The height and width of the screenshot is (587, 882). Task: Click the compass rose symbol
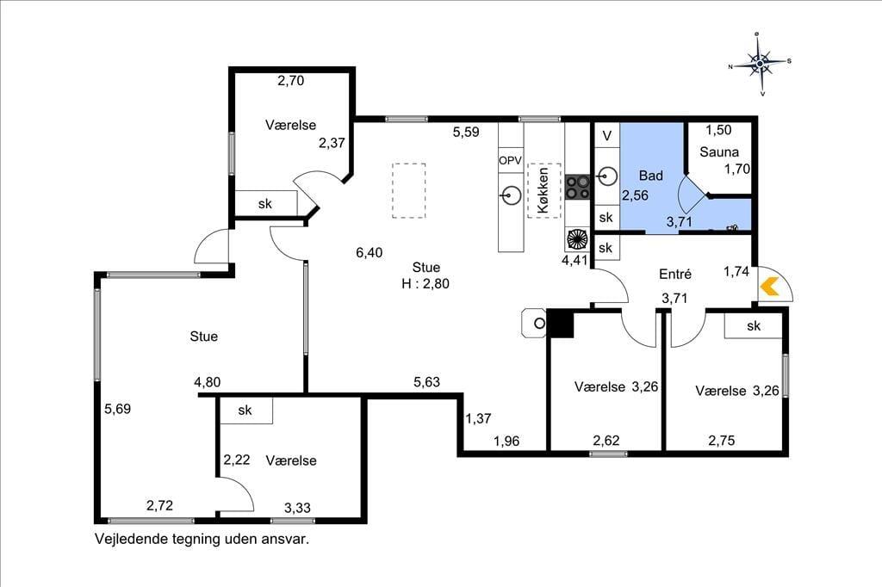click(x=760, y=64)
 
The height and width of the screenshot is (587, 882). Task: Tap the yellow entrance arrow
click(x=769, y=287)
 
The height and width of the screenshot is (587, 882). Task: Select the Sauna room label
click(x=719, y=151)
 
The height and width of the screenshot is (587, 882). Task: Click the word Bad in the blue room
click(x=651, y=176)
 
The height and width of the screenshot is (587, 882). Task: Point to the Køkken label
click(x=543, y=190)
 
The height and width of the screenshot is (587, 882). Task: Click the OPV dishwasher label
click(x=510, y=160)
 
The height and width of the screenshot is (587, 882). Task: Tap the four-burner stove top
click(x=577, y=187)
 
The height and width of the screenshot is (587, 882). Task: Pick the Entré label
click(x=675, y=274)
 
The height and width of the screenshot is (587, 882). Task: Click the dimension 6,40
click(x=369, y=253)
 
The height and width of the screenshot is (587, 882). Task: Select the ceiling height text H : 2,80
click(x=425, y=284)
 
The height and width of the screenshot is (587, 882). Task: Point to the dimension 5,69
click(x=117, y=409)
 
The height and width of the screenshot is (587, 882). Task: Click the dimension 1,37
click(x=478, y=418)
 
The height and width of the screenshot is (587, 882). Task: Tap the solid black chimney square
click(x=560, y=324)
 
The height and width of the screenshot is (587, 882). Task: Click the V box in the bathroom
click(x=607, y=135)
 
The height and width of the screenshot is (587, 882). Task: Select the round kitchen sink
click(x=509, y=196)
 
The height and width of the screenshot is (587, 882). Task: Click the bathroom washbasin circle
click(x=607, y=176)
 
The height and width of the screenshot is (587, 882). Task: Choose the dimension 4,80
click(x=207, y=382)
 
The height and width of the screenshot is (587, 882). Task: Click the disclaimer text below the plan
click(x=202, y=539)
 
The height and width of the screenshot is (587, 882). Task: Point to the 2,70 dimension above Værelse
click(x=291, y=81)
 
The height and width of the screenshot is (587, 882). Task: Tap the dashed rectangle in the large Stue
click(x=409, y=190)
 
